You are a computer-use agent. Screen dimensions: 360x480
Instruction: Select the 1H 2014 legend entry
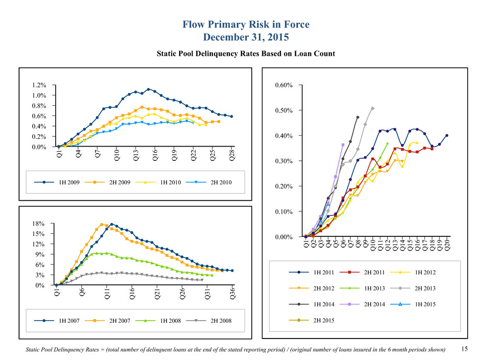(x=325, y=304)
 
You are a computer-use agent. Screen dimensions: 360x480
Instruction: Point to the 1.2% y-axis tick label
(x=40, y=85)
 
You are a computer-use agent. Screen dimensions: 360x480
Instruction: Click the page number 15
(x=464, y=349)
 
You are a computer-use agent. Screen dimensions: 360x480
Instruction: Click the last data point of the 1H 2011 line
(x=447, y=135)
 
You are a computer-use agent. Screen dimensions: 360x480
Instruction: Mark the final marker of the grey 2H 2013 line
(x=373, y=108)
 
